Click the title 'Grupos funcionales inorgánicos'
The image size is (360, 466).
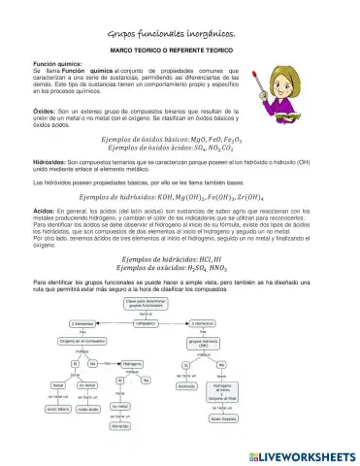click(x=180, y=33)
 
